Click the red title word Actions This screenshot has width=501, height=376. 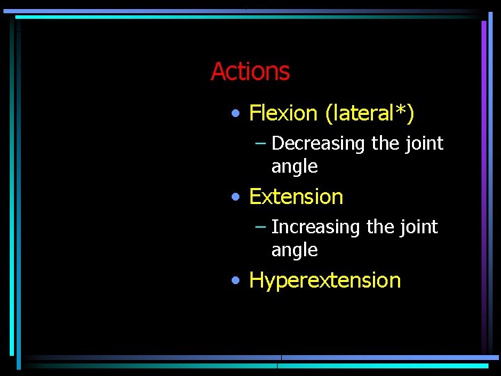coord(250,71)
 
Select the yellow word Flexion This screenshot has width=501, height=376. coord(283,113)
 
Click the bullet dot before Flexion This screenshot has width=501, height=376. coord(237,113)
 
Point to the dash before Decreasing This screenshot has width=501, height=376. coord(260,143)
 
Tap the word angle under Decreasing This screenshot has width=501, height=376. coord(294,167)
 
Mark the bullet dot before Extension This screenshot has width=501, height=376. coord(237,197)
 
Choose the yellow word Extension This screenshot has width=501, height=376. coord(296,197)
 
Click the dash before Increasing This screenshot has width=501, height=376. coord(260,227)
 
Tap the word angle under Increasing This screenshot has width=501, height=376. coord(294,251)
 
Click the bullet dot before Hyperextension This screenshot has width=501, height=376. coord(237,281)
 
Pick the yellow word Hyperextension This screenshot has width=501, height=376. coord(325,281)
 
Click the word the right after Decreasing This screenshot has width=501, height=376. coord(385,143)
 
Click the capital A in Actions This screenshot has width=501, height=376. coord(218,71)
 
